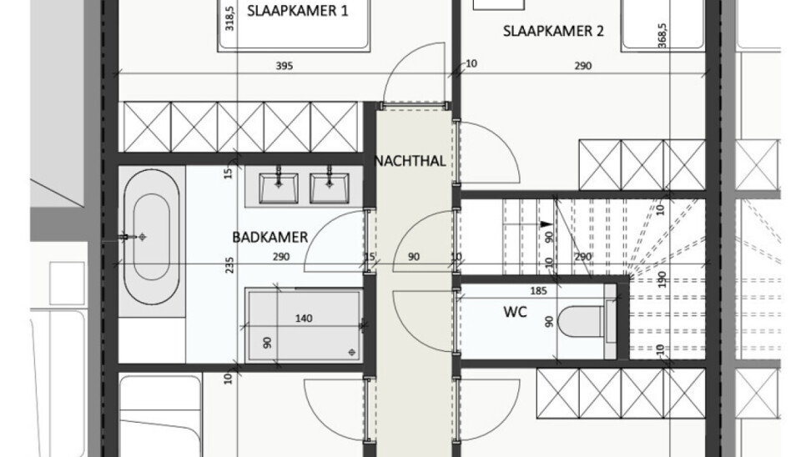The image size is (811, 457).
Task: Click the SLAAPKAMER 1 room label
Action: [x=297, y=11]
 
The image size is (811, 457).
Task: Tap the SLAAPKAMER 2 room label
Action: [x=553, y=31]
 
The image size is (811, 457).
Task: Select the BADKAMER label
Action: [x=269, y=238]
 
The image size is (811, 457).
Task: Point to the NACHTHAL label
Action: [x=410, y=161]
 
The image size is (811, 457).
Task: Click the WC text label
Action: [x=515, y=312]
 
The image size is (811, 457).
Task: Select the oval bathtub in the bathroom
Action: [x=152, y=238]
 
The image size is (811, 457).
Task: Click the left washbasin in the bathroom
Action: [x=279, y=187]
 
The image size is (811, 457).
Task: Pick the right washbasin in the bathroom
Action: [x=329, y=187]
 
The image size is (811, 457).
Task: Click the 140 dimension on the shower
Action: [x=304, y=319]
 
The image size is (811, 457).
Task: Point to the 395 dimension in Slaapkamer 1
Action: [x=284, y=66]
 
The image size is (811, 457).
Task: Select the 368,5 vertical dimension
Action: [x=662, y=36]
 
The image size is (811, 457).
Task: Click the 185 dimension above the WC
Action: [x=538, y=291]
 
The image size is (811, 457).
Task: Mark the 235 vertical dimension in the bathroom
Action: [x=229, y=265]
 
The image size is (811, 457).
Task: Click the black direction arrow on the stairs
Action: [x=545, y=224]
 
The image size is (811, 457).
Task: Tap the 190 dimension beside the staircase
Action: [x=662, y=279]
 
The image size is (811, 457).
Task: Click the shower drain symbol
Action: [x=352, y=352]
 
